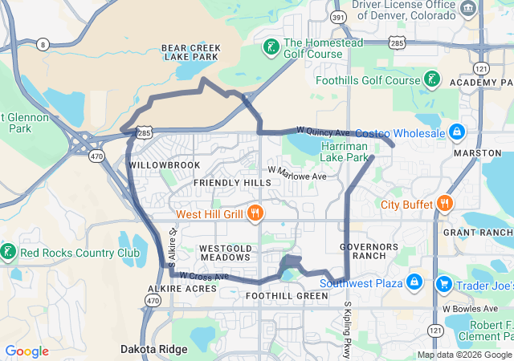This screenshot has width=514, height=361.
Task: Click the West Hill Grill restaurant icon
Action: coord(255,213)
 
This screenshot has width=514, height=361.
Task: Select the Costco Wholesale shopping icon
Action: coord(456,132)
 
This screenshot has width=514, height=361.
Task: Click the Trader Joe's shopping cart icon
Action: coord(443,285)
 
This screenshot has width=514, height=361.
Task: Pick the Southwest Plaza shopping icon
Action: coord(414,282)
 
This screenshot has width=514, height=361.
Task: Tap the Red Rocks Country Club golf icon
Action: coord(7,253)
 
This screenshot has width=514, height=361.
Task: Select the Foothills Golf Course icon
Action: coord(432,79)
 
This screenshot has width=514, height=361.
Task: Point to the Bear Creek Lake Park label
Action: coord(190,53)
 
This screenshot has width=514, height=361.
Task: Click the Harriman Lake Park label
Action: coord(345,152)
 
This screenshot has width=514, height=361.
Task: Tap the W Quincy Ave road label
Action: coord(323,130)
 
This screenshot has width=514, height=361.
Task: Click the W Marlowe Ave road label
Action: coord(297,173)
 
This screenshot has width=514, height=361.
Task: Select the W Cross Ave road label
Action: coord(204,275)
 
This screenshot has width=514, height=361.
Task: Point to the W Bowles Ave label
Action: coord(469,308)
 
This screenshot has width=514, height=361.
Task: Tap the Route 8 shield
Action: coord(43,43)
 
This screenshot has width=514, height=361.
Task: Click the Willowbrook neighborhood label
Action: coord(164,165)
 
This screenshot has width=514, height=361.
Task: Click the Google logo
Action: coord(27,351)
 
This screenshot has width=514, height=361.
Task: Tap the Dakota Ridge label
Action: coord(154,349)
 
